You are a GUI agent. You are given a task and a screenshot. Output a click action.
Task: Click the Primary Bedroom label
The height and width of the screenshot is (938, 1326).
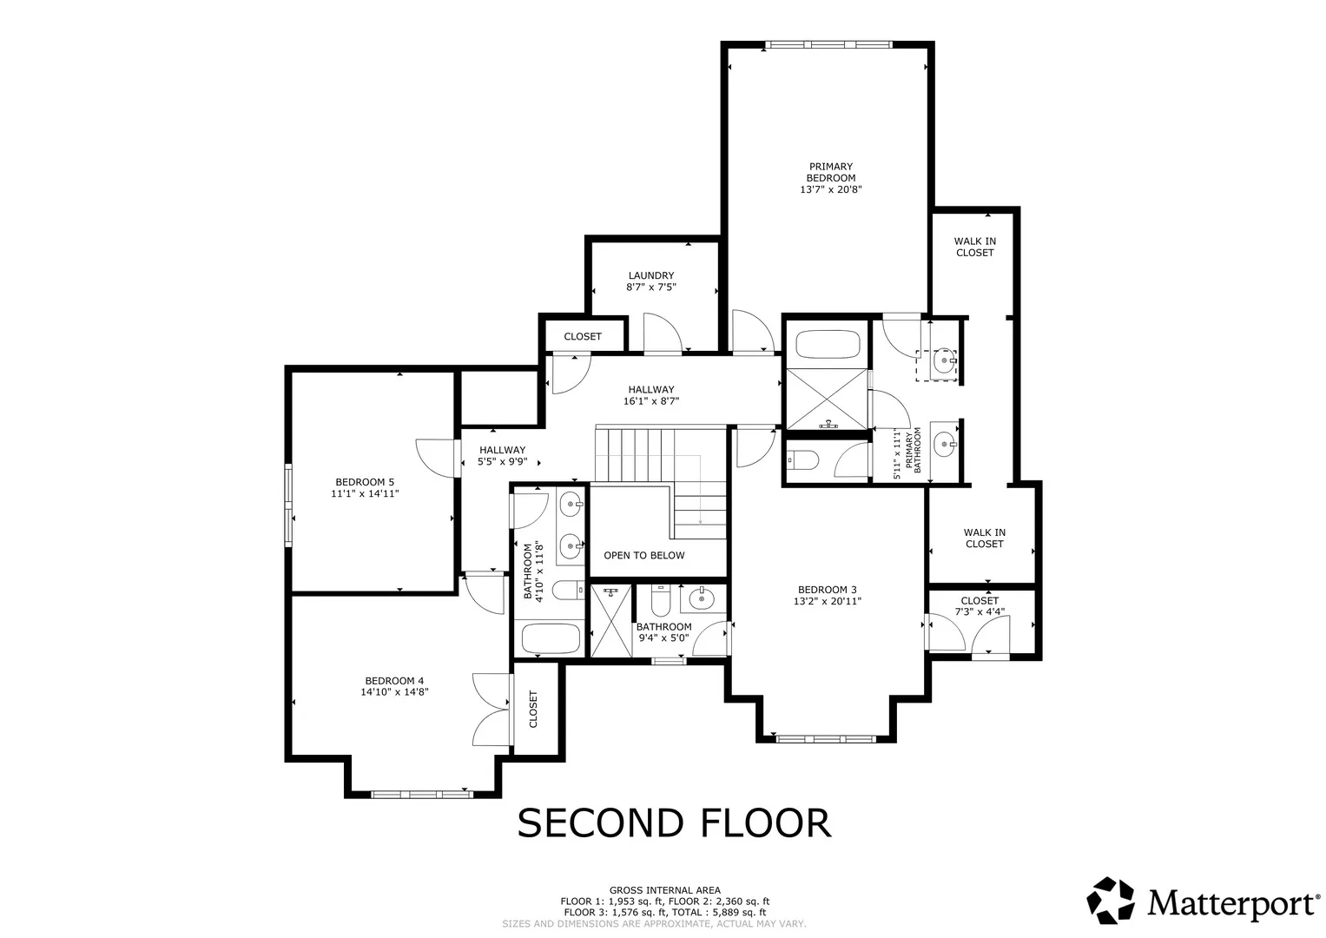click(830, 172)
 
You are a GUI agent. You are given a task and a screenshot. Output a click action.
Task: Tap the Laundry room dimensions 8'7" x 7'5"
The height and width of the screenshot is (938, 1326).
click(651, 287)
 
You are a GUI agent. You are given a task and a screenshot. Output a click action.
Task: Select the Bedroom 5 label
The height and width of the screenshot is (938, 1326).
click(365, 482)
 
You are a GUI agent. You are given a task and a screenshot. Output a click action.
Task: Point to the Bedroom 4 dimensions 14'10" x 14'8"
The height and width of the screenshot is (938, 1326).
click(395, 691)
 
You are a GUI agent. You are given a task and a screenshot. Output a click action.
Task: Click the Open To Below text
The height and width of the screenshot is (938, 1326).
click(644, 556)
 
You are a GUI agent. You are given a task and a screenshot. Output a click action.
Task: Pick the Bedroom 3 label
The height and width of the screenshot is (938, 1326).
click(827, 590)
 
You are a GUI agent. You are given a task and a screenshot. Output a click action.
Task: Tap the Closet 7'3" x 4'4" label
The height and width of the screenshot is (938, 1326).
click(980, 606)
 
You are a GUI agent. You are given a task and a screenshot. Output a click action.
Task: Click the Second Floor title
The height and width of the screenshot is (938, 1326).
click(674, 823)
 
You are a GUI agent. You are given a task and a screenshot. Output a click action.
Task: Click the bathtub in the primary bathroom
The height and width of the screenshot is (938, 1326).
click(827, 345)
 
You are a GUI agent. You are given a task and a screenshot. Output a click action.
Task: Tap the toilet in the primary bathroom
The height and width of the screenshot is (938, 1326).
click(802, 459)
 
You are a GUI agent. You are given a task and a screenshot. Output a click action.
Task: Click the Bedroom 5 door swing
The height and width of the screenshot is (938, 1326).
click(436, 458)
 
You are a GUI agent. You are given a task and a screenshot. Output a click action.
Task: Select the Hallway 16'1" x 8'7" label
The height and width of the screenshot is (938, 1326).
click(651, 395)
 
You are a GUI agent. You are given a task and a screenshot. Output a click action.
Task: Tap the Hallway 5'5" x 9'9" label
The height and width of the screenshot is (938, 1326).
click(503, 456)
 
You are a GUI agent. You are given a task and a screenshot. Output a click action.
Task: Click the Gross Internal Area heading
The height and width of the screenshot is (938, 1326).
click(665, 890)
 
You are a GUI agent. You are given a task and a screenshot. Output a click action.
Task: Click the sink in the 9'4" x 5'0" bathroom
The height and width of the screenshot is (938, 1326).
click(702, 598)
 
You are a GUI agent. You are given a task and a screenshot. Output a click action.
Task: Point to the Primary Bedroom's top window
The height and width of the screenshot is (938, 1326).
click(828, 44)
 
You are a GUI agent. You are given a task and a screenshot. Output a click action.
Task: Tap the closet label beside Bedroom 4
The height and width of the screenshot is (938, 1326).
click(533, 709)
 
